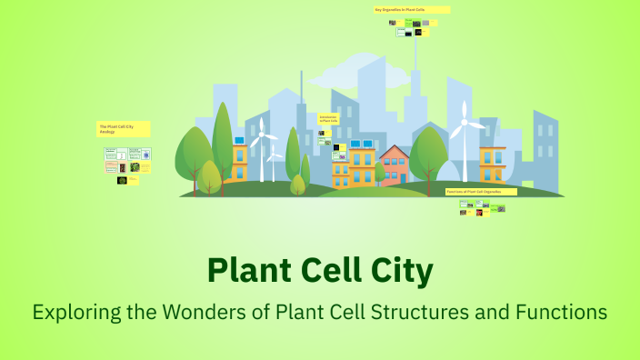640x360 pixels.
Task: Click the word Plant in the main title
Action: pos(246,271)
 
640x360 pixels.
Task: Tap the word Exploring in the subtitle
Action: pos(75,313)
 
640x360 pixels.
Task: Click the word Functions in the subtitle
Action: pos(561,313)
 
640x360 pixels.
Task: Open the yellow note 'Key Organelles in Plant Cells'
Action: pos(412,10)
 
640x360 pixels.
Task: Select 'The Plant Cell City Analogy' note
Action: pos(124,129)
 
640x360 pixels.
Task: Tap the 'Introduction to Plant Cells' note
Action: pos(329,120)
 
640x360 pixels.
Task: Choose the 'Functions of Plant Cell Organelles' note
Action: pos(481,193)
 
